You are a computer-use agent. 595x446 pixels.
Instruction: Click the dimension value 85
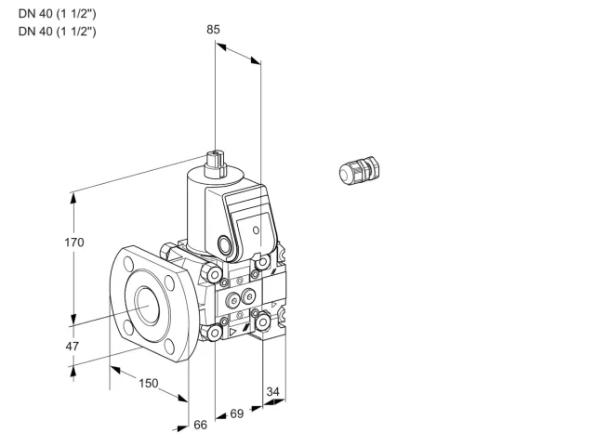pos(213,29)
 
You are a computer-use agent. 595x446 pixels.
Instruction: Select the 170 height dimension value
pos(74,242)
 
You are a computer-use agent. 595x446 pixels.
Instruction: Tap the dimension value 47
pos(73,346)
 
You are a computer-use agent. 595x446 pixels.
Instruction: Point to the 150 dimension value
pos(149,383)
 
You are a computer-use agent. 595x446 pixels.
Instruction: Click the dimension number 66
pos(201,425)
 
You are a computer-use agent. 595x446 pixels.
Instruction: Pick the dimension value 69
pos(237,413)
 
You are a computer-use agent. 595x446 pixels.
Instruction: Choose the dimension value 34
pos(272,391)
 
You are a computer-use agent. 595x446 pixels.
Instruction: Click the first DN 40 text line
pos(58,14)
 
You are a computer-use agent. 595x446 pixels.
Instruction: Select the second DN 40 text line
pos(58,31)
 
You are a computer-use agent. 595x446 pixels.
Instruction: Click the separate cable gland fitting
pos(359,170)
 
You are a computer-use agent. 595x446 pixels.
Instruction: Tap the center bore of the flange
pos(147,306)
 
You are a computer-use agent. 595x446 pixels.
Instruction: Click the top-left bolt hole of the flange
pos(128,264)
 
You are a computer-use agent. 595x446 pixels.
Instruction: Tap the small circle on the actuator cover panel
pos(257,230)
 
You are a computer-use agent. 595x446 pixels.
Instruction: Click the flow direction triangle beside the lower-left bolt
pos(232,333)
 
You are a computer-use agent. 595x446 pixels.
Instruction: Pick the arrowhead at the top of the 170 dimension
pos(73,198)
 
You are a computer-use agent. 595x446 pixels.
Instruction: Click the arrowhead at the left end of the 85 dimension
pos(221,46)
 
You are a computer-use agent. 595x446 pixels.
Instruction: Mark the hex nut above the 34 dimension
pos(262,322)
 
